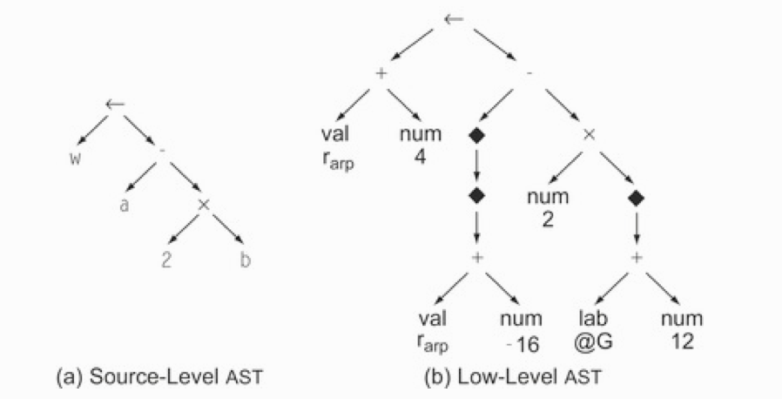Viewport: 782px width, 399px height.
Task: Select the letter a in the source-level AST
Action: click(125, 208)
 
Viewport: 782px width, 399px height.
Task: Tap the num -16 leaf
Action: click(522, 331)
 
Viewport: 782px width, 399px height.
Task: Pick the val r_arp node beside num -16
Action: click(434, 331)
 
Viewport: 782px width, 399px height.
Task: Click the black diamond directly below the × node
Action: click(637, 199)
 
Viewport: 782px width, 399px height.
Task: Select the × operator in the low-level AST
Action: click(588, 135)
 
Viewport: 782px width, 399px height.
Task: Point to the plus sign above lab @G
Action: click(637, 259)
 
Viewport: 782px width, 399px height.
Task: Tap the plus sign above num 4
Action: click(380, 73)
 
